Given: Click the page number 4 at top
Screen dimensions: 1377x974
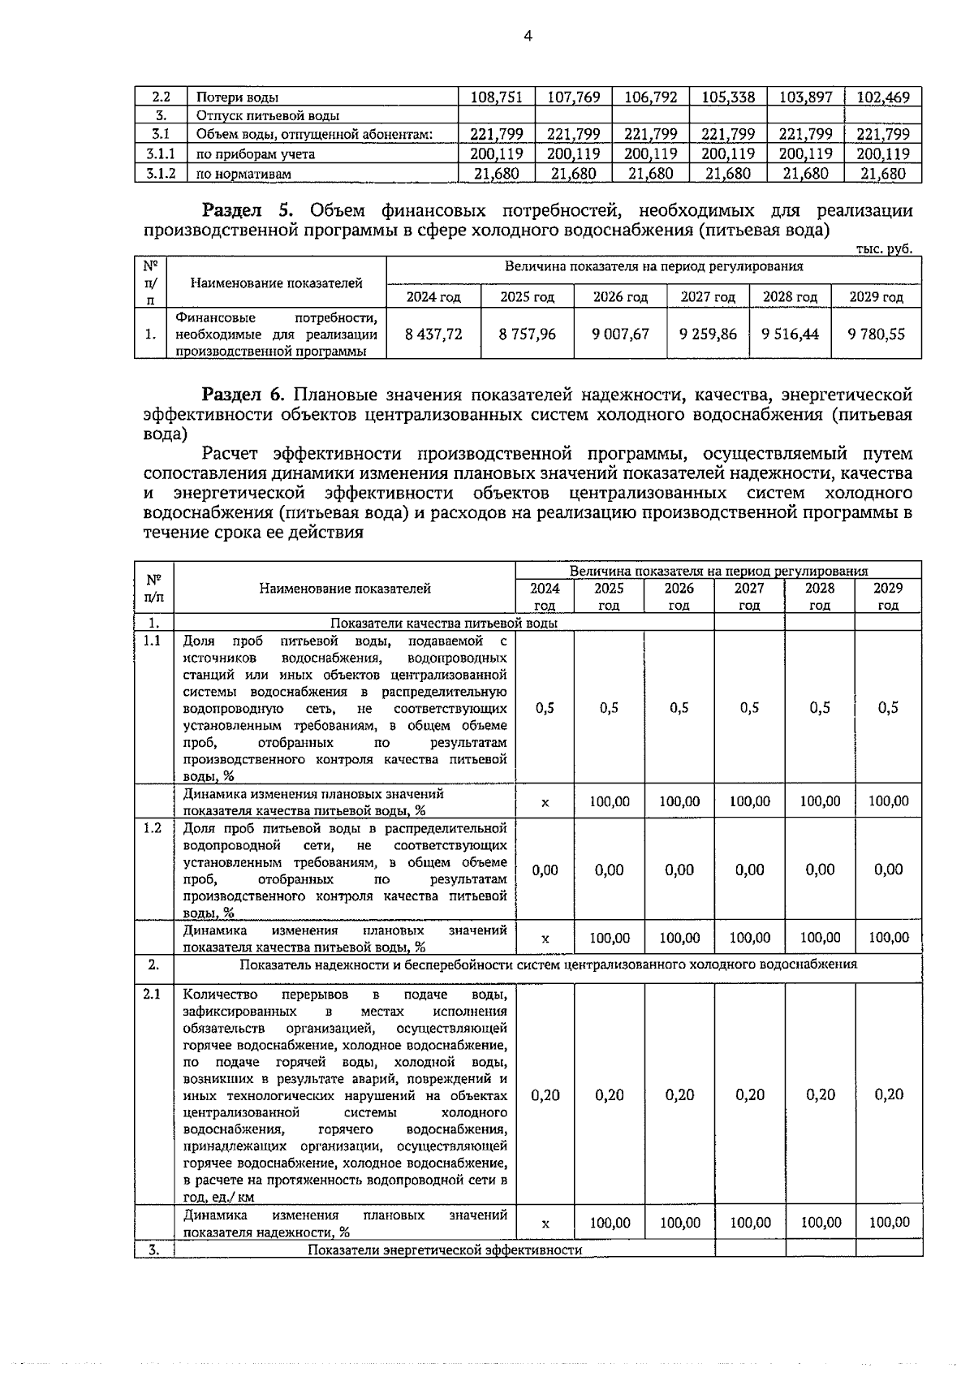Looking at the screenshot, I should pos(528,36).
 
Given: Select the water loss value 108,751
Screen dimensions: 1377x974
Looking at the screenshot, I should pos(496,97).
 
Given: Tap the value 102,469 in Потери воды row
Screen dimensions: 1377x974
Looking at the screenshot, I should pos(883,97).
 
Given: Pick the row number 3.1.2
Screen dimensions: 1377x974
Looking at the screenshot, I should pos(161,173).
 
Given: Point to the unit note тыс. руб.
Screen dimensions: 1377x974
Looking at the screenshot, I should pos(884,249).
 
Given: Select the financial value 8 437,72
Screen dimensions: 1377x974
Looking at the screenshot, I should pos(433,334).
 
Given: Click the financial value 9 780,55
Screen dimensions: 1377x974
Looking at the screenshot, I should pos(876,334).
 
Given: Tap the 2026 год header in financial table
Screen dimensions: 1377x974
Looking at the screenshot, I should pos(620,297).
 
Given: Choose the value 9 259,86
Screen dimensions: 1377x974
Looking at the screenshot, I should pos(709,334).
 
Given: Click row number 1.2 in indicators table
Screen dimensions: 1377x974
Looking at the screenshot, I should pos(153,827).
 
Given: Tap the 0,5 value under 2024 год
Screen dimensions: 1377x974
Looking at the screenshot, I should pos(545,708).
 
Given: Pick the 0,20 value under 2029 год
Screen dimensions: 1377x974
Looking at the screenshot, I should pos(889,1095).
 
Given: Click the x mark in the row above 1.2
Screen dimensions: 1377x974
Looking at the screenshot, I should pos(545,802).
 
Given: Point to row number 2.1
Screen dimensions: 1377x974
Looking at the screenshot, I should pos(153,994).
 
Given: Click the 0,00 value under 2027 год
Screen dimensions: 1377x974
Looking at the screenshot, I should pos(749,870).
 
